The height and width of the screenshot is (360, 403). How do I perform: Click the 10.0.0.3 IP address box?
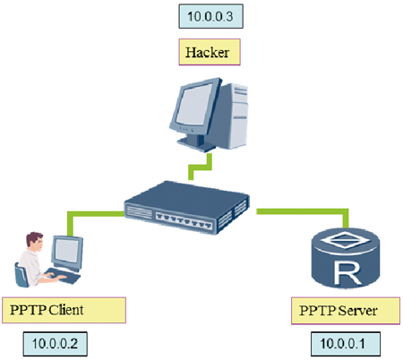coord(210,16)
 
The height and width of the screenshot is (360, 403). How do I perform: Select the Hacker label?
coord(210,52)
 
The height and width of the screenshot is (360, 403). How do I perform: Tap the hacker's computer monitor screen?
coord(193,105)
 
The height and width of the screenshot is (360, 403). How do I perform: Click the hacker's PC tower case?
coord(235,116)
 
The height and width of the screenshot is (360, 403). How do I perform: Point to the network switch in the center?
coord(187,207)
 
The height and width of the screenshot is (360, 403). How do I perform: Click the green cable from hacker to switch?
coord(201,167)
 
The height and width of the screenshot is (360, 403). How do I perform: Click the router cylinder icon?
coord(346,258)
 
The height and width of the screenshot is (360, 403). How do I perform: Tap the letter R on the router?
coord(348,272)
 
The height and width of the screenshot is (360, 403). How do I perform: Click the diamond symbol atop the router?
coord(346,240)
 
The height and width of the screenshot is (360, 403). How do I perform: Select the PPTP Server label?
coord(346,311)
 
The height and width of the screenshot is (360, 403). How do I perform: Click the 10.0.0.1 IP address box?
coord(346,344)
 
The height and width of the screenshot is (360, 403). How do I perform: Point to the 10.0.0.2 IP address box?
coord(56,344)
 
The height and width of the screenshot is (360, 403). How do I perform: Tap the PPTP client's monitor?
coord(67,253)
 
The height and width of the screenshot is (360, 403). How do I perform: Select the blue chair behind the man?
coord(21,275)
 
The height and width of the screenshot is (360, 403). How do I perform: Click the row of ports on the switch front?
coord(184,219)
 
